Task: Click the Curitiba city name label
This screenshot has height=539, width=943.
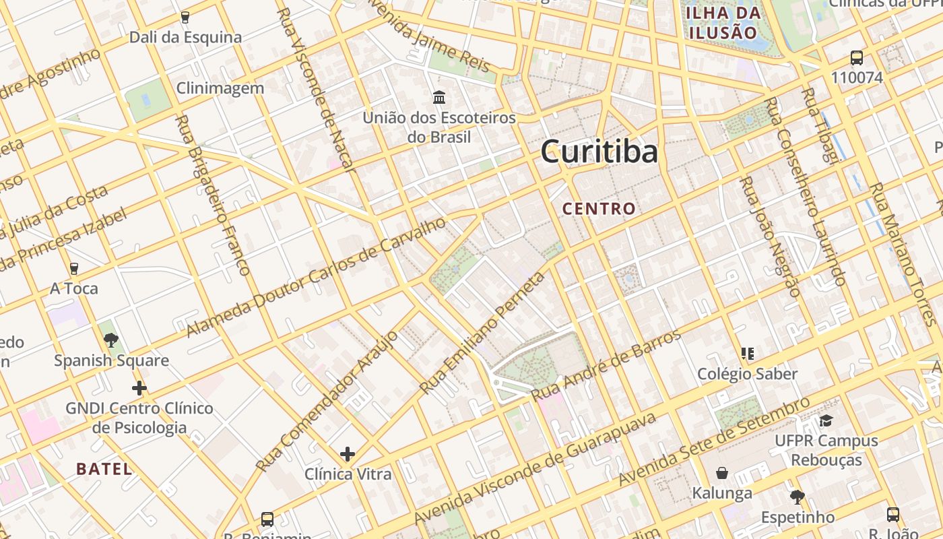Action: (x=599, y=152)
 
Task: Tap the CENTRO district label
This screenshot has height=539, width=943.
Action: (x=599, y=209)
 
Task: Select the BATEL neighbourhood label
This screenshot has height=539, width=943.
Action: (x=104, y=469)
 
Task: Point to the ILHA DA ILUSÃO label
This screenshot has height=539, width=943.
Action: (x=723, y=22)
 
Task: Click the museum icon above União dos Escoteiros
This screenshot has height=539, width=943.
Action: (x=439, y=98)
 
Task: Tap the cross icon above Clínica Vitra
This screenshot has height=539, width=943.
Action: (x=348, y=454)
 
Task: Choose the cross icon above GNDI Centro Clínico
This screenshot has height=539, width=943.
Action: (x=139, y=388)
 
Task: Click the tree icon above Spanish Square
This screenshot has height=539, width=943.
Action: (x=111, y=340)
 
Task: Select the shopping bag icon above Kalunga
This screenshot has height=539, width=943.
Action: (x=722, y=473)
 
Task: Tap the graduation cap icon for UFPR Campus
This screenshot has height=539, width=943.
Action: (x=826, y=421)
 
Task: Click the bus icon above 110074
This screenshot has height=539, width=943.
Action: (x=857, y=58)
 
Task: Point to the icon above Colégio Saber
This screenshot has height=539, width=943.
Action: (x=747, y=354)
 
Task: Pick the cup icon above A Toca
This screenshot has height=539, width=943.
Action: (x=74, y=269)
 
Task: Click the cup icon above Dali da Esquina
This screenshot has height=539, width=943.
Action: (x=185, y=18)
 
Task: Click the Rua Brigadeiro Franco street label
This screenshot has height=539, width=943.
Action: (x=212, y=195)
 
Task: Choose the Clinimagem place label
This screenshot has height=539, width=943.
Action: (x=220, y=88)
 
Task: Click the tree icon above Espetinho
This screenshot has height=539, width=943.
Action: (x=798, y=497)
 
